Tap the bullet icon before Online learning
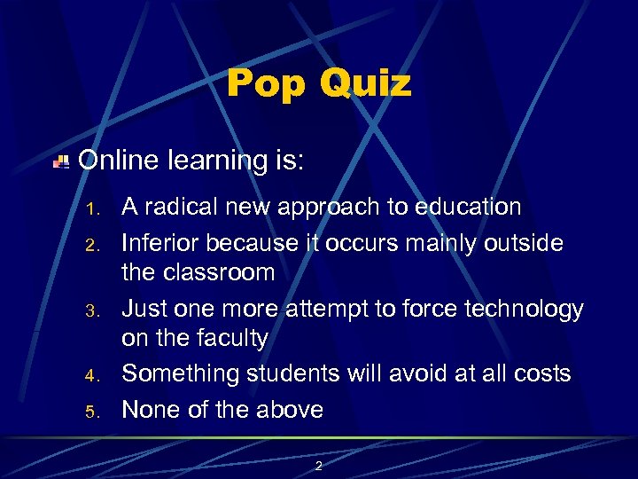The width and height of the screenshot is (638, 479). tap(60, 161)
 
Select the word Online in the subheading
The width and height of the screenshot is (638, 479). tap(118, 161)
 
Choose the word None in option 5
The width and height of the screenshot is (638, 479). tap(151, 409)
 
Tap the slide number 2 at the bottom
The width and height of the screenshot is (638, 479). tap(319, 465)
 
